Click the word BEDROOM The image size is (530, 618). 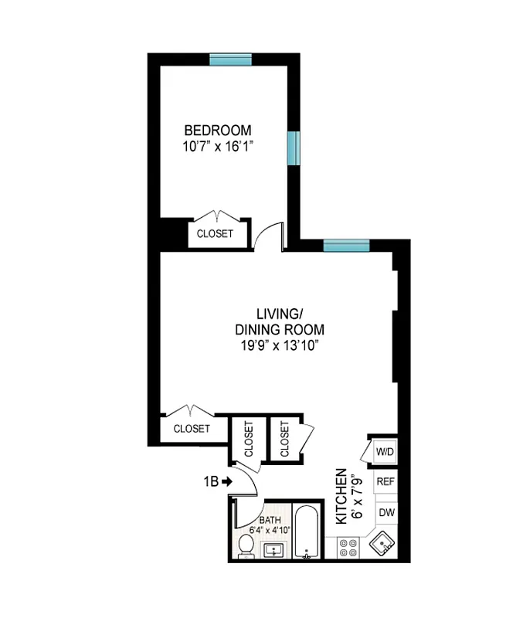click(x=217, y=130)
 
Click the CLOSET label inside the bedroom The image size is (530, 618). click(x=214, y=234)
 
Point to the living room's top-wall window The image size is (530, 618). click(x=345, y=246)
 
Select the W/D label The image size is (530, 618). click(x=384, y=450)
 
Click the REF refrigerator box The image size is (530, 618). click(x=385, y=481)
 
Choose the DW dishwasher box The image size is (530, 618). click(x=385, y=511)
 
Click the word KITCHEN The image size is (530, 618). click(x=339, y=497)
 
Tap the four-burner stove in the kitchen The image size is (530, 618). click(x=348, y=548)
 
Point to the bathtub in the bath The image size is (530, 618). click(x=307, y=533)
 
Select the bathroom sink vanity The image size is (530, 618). click(x=274, y=551)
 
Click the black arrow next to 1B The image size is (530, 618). click(x=228, y=482)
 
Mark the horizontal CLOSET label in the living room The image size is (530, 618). click(x=192, y=428)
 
